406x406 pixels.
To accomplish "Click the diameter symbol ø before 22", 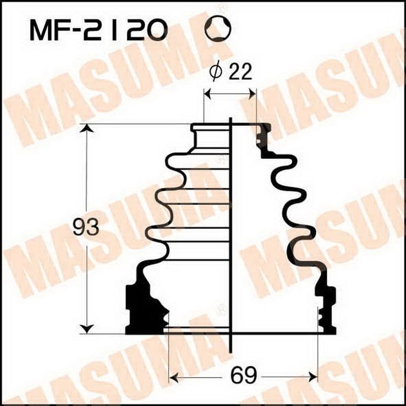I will (215, 73).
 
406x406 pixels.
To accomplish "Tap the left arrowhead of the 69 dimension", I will (173, 377).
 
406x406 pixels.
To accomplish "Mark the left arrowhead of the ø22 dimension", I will (207, 93).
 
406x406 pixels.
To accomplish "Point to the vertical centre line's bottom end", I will (230, 350).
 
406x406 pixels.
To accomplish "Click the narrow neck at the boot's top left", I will (198, 137).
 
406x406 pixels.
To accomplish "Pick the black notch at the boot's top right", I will (263, 134).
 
